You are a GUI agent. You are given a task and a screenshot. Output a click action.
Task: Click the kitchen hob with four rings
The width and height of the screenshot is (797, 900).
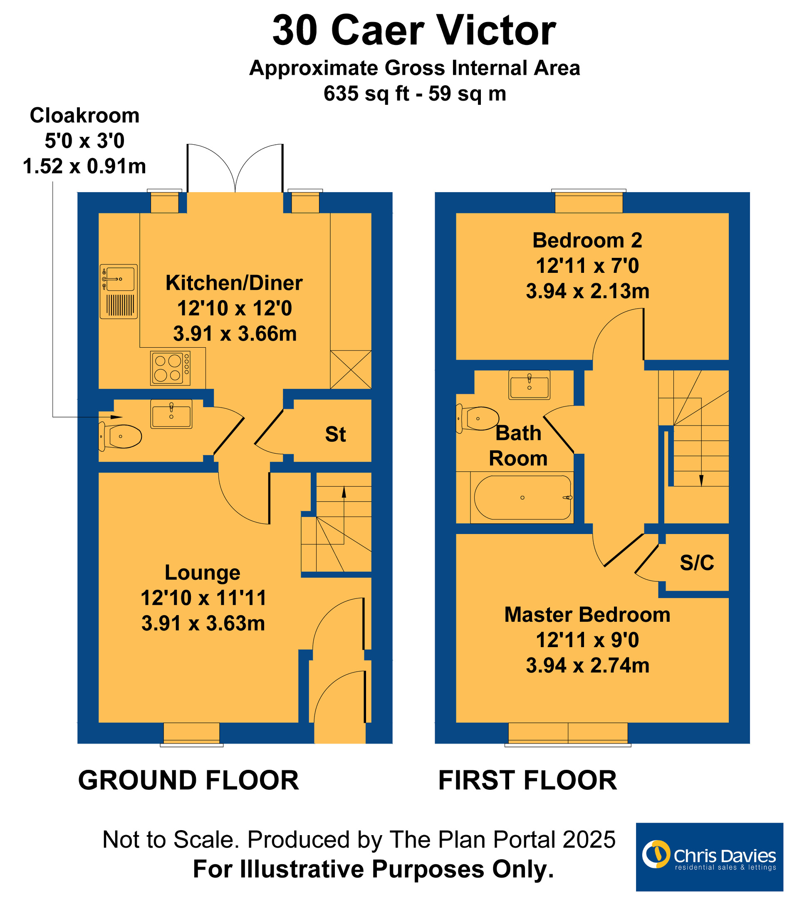click(170, 368)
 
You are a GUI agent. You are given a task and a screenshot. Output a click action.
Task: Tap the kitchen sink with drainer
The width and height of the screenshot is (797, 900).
click(119, 292)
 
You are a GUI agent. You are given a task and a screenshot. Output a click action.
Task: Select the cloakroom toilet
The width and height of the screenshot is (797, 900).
click(120, 436)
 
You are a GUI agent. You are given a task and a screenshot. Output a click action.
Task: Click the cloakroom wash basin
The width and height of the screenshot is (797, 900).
click(171, 414)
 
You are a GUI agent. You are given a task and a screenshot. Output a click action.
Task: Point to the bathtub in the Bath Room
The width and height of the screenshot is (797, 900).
click(522, 497)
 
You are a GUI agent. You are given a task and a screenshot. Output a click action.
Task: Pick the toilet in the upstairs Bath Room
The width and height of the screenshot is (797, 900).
click(477, 418)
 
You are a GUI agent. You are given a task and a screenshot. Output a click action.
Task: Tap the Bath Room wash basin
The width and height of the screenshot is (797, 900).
click(529, 385)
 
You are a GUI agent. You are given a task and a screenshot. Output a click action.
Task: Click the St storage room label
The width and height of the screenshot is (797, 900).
click(336, 435)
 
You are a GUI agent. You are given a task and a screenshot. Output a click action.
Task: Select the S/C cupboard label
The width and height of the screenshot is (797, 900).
click(697, 563)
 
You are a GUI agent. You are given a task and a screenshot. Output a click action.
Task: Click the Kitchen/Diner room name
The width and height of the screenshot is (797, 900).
click(234, 283)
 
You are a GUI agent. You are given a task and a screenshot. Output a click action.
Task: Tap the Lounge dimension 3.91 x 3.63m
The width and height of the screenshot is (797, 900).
click(203, 623)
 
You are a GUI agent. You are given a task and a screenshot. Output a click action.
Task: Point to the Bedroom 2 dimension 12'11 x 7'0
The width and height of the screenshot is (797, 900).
click(587, 266)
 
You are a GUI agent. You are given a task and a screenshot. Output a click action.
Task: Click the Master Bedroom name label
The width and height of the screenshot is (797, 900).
click(587, 615)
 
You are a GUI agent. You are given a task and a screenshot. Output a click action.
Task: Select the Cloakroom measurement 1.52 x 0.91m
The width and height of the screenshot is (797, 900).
click(84, 166)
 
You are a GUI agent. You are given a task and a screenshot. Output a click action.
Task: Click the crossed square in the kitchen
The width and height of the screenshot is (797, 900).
click(351, 369)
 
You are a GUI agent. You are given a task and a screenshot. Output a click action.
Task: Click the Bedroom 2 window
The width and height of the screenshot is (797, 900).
click(589, 202)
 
